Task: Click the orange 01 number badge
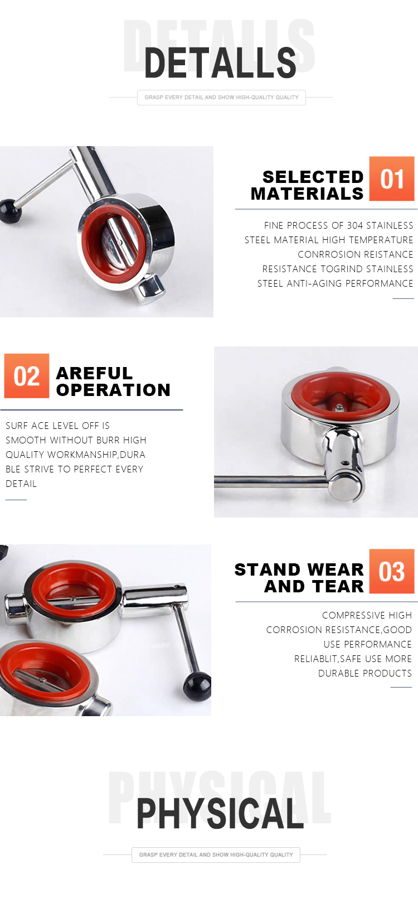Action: point(391,178)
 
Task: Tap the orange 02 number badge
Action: point(27,376)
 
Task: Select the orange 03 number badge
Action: point(391,571)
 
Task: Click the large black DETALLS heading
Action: point(220,62)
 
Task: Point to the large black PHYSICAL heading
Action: point(220,813)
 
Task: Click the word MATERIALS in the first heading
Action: point(307,194)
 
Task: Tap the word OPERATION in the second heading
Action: point(113,390)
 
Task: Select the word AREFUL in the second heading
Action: point(94,373)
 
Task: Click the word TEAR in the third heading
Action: point(338,587)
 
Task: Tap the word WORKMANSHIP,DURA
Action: point(96,455)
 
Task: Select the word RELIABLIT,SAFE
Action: point(327,659)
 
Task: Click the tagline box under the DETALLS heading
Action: point(221,98)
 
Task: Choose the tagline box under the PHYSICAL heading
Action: point(216,854)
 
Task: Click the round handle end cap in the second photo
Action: point(344,487)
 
